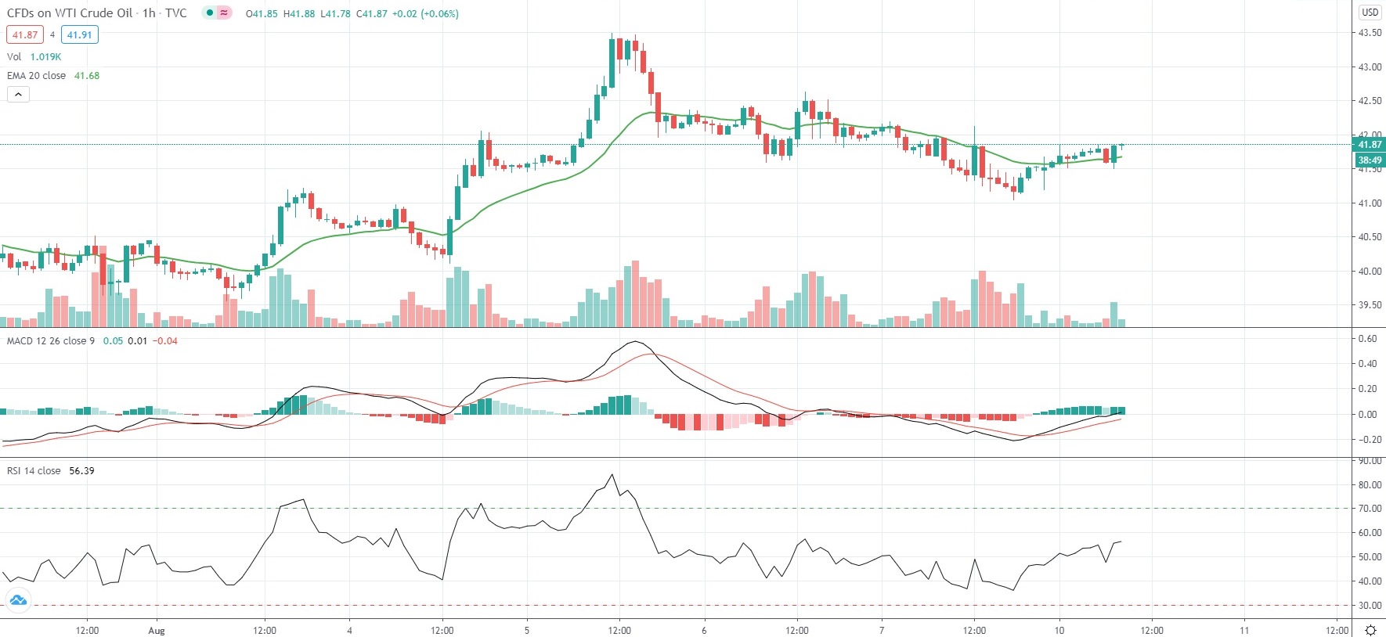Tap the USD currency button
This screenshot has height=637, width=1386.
tap(1370, 12)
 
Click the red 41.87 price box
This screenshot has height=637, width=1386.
tap(25, 34)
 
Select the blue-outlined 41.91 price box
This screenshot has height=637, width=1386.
tap(79, 34)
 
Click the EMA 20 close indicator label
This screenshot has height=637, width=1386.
tap(37, 76)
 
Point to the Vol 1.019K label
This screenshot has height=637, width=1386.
tap(34, 57)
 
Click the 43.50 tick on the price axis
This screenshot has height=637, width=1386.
tap(1370, 33)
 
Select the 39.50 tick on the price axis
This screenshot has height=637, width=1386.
tap(1370, 305)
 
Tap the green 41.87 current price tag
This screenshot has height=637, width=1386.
tap(1370, 145)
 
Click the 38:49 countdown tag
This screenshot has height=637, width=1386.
tap(1370, 160)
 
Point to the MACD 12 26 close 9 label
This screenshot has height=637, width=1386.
tap(51, 341)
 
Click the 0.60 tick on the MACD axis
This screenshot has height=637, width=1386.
tap(1367, 339)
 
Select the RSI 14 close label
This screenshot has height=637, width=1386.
tap(34, 471)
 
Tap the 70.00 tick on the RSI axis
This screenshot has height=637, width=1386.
tap(1370, 509)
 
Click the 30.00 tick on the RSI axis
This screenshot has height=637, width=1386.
tap(1370, 606)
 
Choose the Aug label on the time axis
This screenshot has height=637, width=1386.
tap(157, 630)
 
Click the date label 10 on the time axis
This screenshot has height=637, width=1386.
tap(1059, 630)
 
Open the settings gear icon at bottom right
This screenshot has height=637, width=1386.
tap(1370, 630)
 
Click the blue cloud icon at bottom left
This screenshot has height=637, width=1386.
tap(17, 600)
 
